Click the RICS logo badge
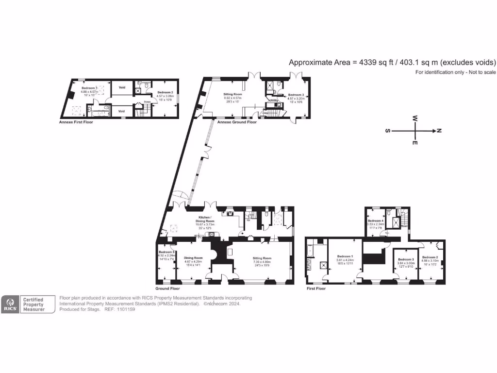[10, 304]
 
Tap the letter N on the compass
[439, 131]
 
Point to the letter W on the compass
[415, 118]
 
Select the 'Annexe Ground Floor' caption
[237, 122]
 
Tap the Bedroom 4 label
[376, 220]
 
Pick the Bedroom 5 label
[166, 252]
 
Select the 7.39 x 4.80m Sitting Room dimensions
[262, 262]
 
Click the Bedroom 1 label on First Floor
[345, 256]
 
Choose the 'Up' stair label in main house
[249, 220]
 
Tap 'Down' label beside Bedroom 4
[404, 226]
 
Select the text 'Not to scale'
[481, 72]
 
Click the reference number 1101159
[125, 309]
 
